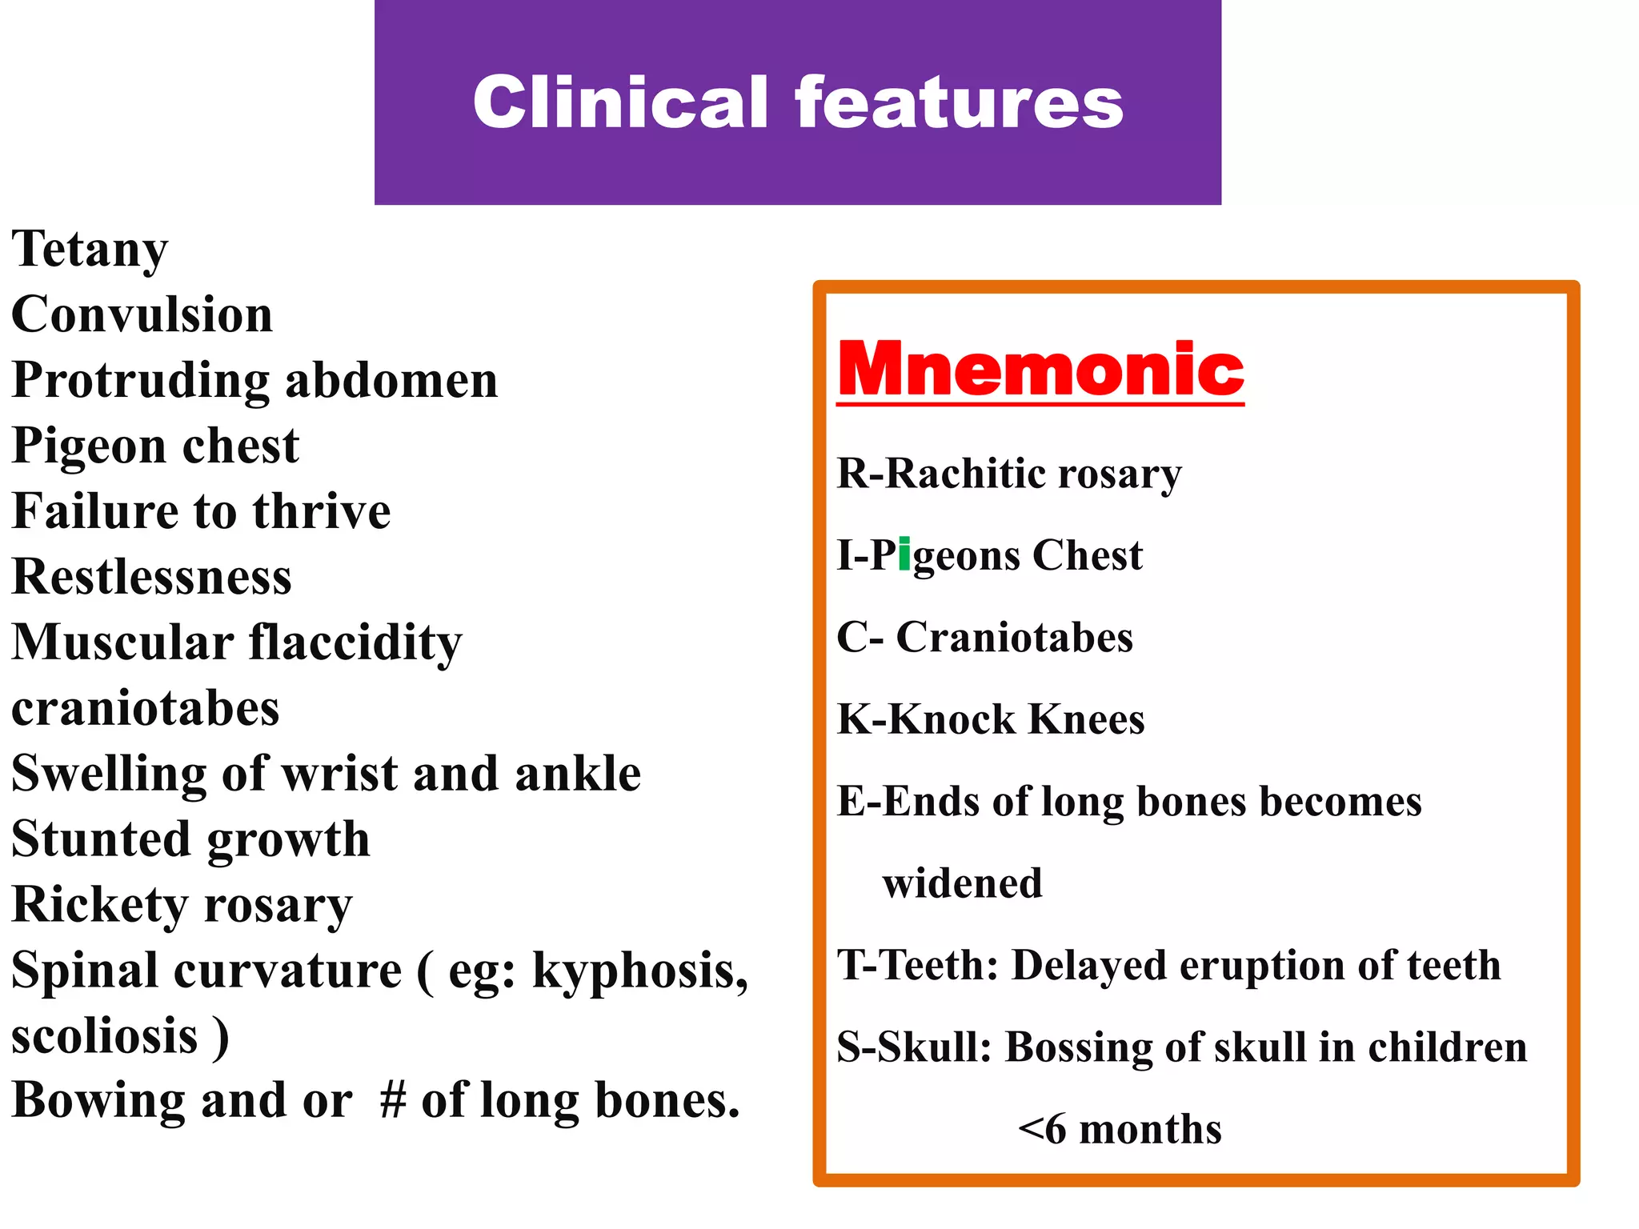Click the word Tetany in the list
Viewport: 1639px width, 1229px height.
tap(90, 250)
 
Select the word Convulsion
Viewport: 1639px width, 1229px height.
tap(142, 314)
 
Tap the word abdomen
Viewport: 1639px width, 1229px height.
tap(391, 380)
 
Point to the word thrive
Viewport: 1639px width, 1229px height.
tap(322, 511)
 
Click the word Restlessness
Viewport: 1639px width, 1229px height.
tap(152, 577)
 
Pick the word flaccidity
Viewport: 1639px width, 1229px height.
tap(355, 643)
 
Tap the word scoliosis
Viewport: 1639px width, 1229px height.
tap(105, 1036)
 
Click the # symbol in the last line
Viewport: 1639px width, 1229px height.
tap(393, 1100)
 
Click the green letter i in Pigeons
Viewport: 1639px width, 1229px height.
tap(904, 554)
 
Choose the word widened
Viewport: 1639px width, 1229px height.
tap(962, 883)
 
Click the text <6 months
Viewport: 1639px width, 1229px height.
tap(1120, 1130)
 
